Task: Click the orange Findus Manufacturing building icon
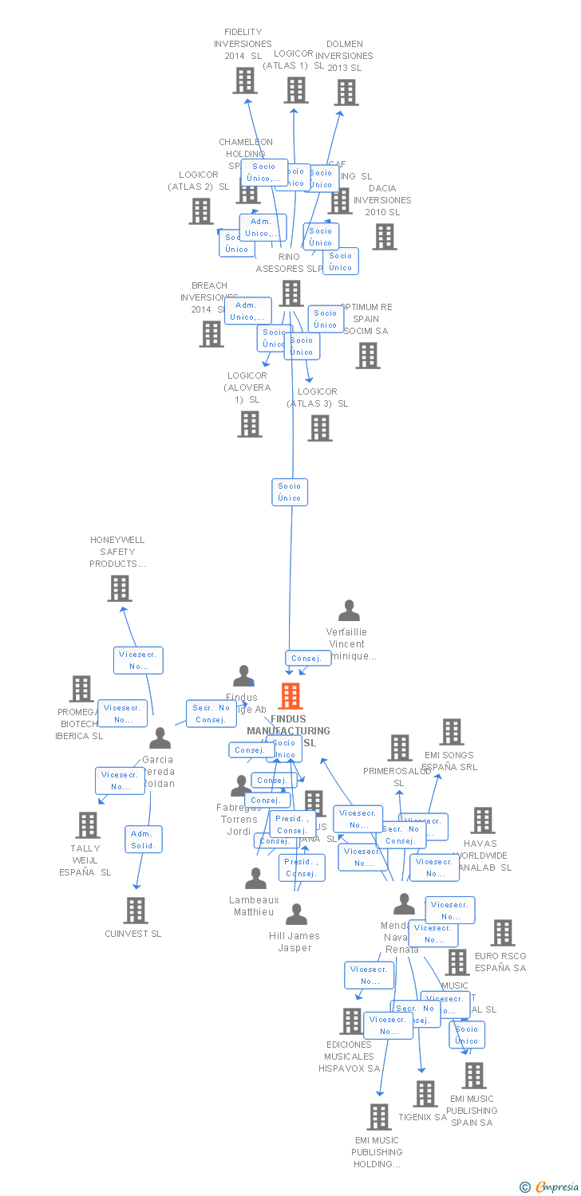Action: [x=290, y=696]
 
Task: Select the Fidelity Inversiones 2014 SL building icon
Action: [x=245, y=81]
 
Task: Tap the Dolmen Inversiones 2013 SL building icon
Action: [x=346, y=92]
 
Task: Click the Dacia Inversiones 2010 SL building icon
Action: [x=385, y=237]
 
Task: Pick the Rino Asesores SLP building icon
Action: [x=291, y=293]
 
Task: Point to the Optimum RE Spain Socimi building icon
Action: [x=368, y=356]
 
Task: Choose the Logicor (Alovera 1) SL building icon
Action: [x=250, y=424]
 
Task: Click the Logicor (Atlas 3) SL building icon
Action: [x=320, y=428]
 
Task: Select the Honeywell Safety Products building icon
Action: [x=120, y=588]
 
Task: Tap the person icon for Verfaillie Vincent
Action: [x=349, y=611]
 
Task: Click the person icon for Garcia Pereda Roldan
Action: [x=160, y=738]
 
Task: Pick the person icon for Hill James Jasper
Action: [x=296, y=915]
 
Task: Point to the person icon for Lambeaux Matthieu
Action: [x=255, y=879]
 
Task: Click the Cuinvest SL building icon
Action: [x=136, y=911]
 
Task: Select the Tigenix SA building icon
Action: [x=425, y=1094]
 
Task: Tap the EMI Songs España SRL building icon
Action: [x=452, y=732]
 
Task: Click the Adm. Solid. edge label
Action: [x=144, y=840]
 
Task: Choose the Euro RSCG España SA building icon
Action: [x=503, y=933]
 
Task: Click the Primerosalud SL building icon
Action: [x=400, y=748]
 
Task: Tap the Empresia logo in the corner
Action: [x=550, y=1187]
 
